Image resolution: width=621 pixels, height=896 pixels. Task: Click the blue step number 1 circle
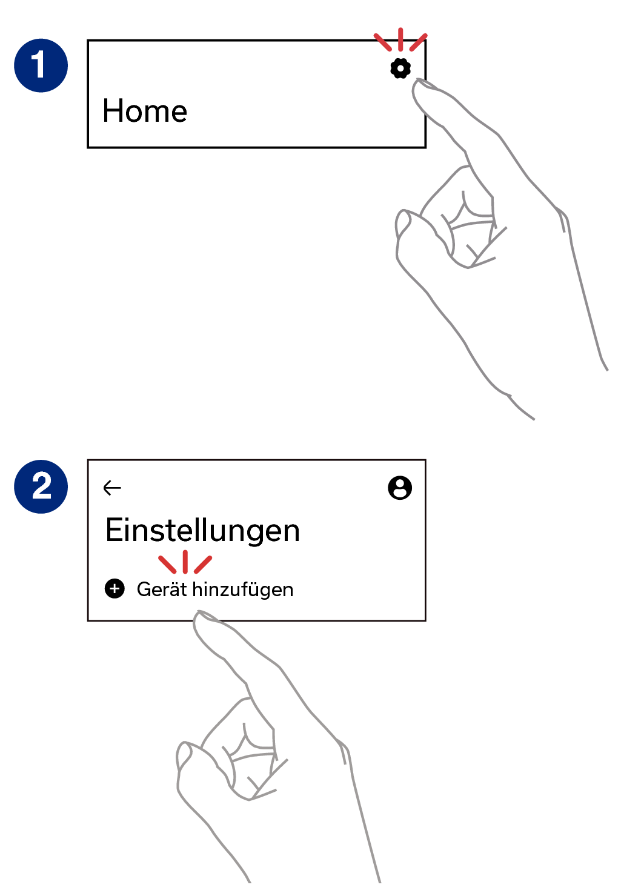41,65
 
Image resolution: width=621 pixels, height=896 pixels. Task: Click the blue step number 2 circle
41,486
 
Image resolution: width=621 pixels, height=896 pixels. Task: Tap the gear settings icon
400,68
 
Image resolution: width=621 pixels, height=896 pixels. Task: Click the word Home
145,111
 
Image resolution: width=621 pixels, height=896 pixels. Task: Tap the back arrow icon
112,488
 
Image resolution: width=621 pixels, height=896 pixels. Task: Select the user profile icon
400,488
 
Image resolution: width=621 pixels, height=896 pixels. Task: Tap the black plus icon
115,589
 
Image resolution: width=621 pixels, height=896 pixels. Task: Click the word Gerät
162,589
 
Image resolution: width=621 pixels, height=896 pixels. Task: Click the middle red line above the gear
400,39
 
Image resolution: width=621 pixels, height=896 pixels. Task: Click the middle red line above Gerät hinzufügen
185,562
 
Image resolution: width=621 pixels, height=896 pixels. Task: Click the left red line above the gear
383,42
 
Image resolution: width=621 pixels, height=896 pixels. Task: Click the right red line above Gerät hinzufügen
203,565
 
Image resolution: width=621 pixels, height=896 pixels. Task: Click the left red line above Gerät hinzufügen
167,565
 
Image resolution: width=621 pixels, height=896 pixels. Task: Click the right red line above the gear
419,42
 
